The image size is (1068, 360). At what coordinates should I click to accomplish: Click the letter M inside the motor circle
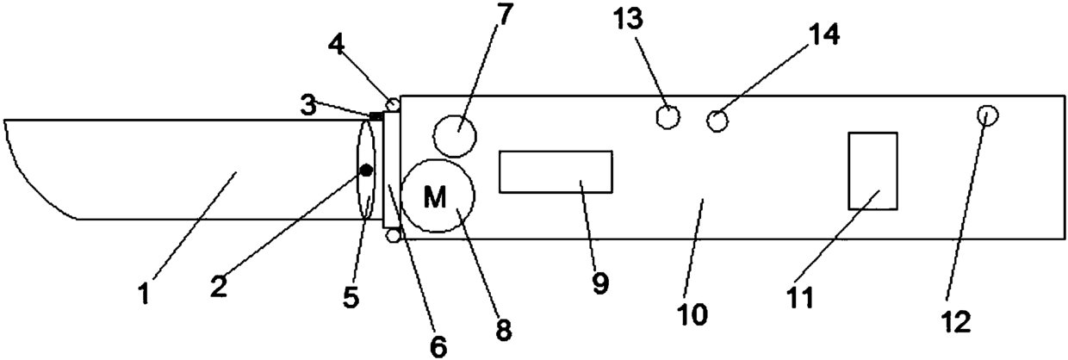tap(435, 198)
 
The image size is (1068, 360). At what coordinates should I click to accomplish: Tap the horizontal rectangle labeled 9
tap(556, 171)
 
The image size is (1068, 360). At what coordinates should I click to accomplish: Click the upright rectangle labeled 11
tap(872, 171)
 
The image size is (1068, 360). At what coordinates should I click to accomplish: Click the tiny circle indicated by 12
tap(987, 115)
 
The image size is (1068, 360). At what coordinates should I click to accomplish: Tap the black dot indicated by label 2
tap(366, 171)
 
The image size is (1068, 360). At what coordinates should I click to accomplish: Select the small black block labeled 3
tap(376, 115)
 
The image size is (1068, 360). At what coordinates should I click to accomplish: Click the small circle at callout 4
tap(393, 104)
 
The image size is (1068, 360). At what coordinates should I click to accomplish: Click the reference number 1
tap(144, 293)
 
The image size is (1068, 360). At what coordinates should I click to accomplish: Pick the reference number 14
tap(822, 34)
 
